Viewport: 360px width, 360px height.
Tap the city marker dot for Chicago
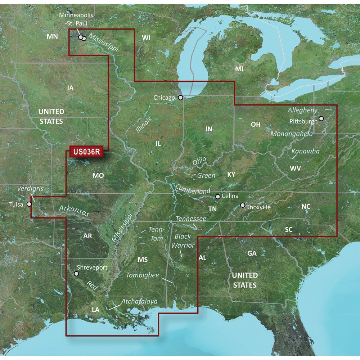click(180, 97)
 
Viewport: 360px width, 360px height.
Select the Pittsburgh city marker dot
click(321, 118)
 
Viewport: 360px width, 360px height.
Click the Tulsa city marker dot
click(29, 204)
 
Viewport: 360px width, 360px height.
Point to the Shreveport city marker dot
click(76, 274)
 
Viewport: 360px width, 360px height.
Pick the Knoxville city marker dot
click(243, 205)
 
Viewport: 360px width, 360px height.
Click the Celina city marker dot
click(217, 196)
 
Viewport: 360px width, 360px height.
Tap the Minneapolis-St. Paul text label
click(76, 19)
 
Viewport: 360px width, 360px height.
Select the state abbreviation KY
click(231, 175)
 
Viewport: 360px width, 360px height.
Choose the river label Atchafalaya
click(139, 301)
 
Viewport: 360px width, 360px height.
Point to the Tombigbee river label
click(143, 275)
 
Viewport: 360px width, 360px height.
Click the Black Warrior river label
click(184, 241)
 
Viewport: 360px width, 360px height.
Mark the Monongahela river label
click(292, 134)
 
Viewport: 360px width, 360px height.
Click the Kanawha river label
click(306, 151)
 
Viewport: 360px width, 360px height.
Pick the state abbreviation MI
click(239, 69)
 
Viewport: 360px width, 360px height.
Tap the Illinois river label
click(144, 125)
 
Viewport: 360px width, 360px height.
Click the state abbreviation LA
click(95, 310)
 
